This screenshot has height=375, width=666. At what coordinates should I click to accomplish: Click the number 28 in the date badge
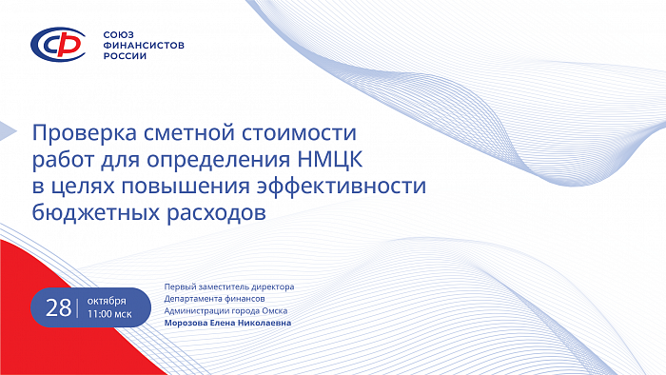[x=59, y=306]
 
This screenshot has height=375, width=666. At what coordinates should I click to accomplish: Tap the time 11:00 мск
[x=109, y=313]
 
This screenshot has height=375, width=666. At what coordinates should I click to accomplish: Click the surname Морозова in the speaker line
[x=191, y=323]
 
